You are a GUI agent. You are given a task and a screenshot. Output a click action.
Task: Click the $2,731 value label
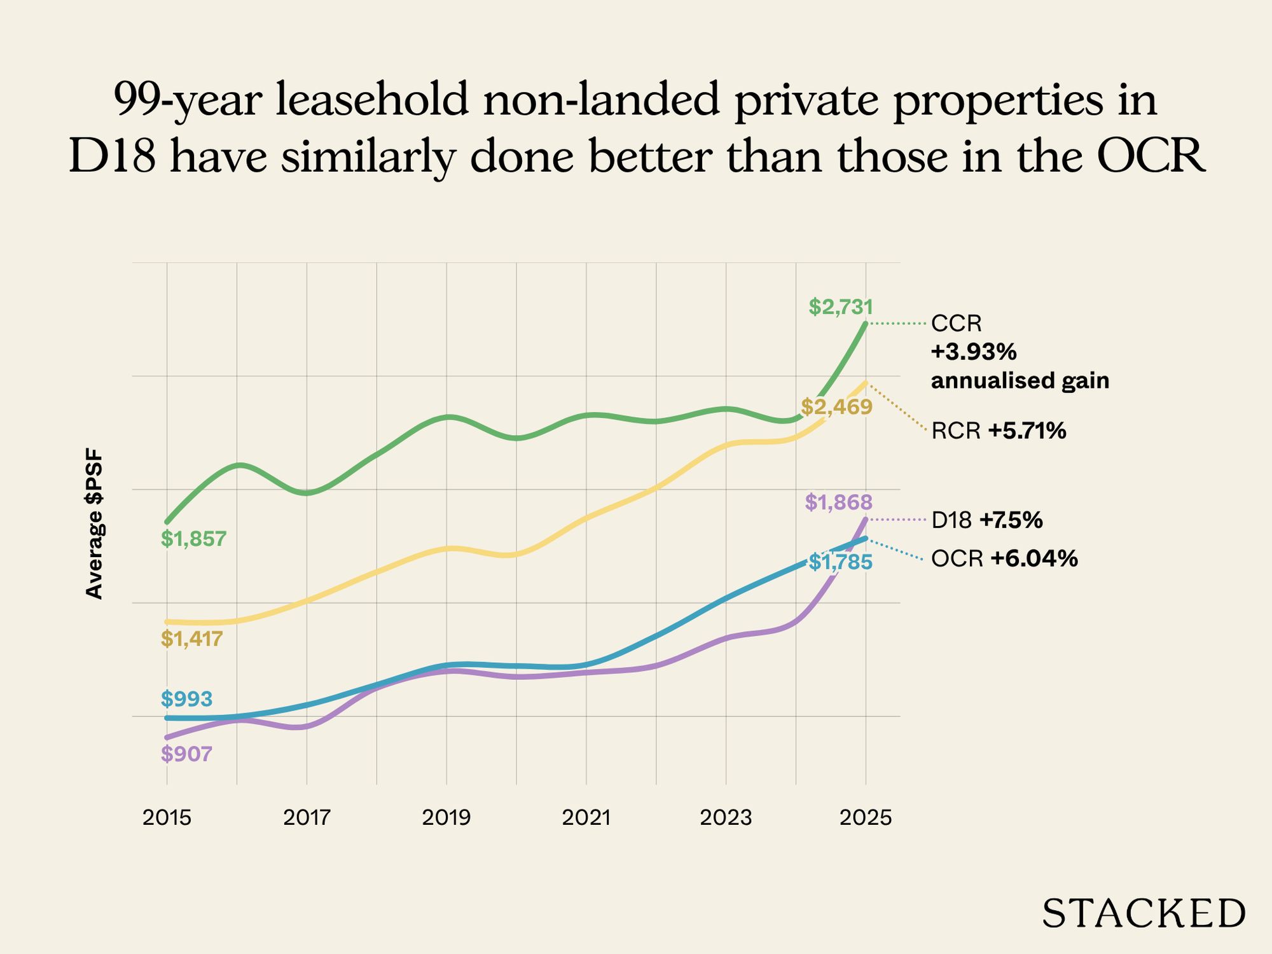841,307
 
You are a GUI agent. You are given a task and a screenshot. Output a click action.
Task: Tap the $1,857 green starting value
193,539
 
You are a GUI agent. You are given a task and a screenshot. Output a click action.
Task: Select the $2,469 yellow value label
836,407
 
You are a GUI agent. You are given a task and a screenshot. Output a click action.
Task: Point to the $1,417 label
191,639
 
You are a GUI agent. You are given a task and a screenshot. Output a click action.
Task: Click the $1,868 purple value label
838,502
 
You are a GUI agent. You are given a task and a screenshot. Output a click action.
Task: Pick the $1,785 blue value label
840,562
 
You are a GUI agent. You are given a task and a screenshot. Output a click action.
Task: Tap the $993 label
186,699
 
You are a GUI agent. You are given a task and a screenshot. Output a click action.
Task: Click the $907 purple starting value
186,754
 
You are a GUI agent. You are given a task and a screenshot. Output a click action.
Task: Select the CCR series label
956,324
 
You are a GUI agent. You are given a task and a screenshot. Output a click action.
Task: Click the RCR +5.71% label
999,431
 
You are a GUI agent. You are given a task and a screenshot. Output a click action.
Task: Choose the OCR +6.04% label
1004,559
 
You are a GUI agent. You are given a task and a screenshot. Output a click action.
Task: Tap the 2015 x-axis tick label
167,817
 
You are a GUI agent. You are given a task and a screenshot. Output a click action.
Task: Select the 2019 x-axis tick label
446,817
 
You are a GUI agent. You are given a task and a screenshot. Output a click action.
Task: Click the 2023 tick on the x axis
726,817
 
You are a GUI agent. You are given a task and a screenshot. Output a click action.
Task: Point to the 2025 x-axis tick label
866,817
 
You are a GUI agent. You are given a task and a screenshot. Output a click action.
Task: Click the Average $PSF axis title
94,523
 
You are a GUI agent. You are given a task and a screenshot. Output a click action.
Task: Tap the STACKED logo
1143,914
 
